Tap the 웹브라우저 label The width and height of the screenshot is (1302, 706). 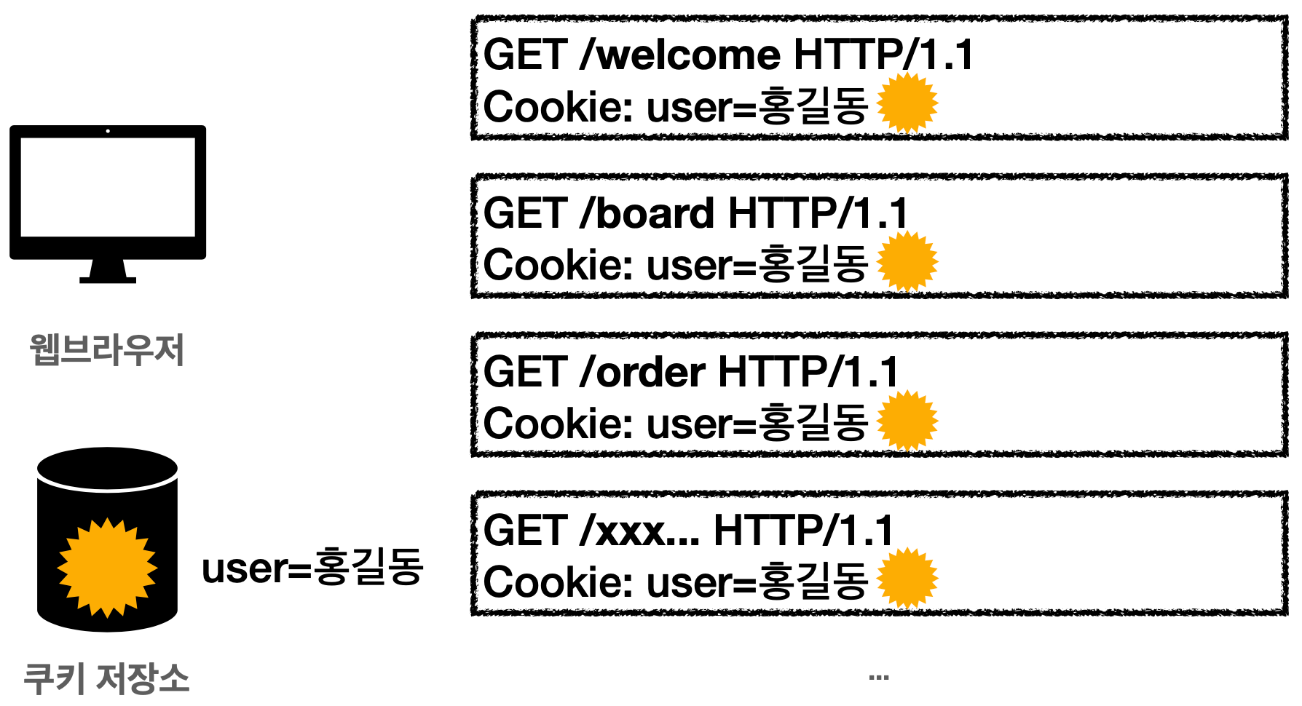pyautogui.click(x=107, y=350)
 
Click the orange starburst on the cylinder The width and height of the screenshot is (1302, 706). pyautogui.click(x=108, y=568)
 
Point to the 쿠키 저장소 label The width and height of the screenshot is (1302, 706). pyautogui.click(x=106, y=678)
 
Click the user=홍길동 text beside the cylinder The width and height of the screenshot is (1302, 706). pyautogui.click(x=312, y=568)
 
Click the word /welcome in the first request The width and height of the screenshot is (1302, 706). pyautogui.click(x=680, y=55)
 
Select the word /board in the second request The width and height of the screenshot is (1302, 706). pyautogui.click(x=647, y=214)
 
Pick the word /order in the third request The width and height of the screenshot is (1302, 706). pyautogui.click(x=642, y=373)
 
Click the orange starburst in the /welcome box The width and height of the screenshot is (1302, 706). pyautogui.click(x=907, y=103)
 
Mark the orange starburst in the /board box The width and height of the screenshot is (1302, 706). pyautogui.click(x=907, y=262)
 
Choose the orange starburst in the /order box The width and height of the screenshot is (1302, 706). pyautogui.click(x=907, y=421)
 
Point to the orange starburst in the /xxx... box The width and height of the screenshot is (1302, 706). pyautogui.click(x=907, y=579)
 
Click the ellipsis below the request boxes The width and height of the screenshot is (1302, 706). pyautogui.click(x=879, y=678)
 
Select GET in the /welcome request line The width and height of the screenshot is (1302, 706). pyautogui.click(x=525, y=55)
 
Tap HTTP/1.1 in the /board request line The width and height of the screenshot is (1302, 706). pyautogui.click(x=818, y=214)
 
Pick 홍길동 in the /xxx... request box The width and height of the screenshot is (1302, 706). pyautogui.click(x=813, y=582)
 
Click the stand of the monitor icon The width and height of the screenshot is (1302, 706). pyautogui.click(x=108, y=272)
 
